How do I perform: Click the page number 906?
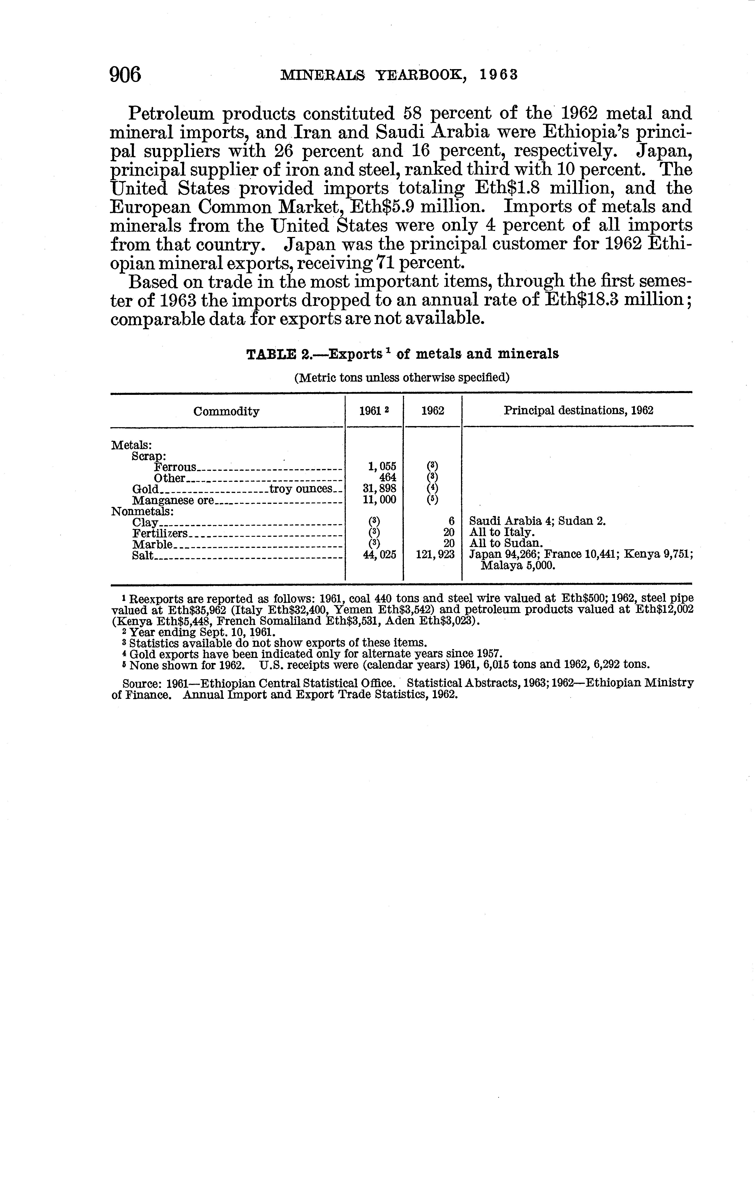pyautogui.click(x=125, y=75)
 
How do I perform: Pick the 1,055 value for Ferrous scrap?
pyautogui.click(x=381, y=466)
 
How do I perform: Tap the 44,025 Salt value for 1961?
pyautogui.click(x=379, y=554)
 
